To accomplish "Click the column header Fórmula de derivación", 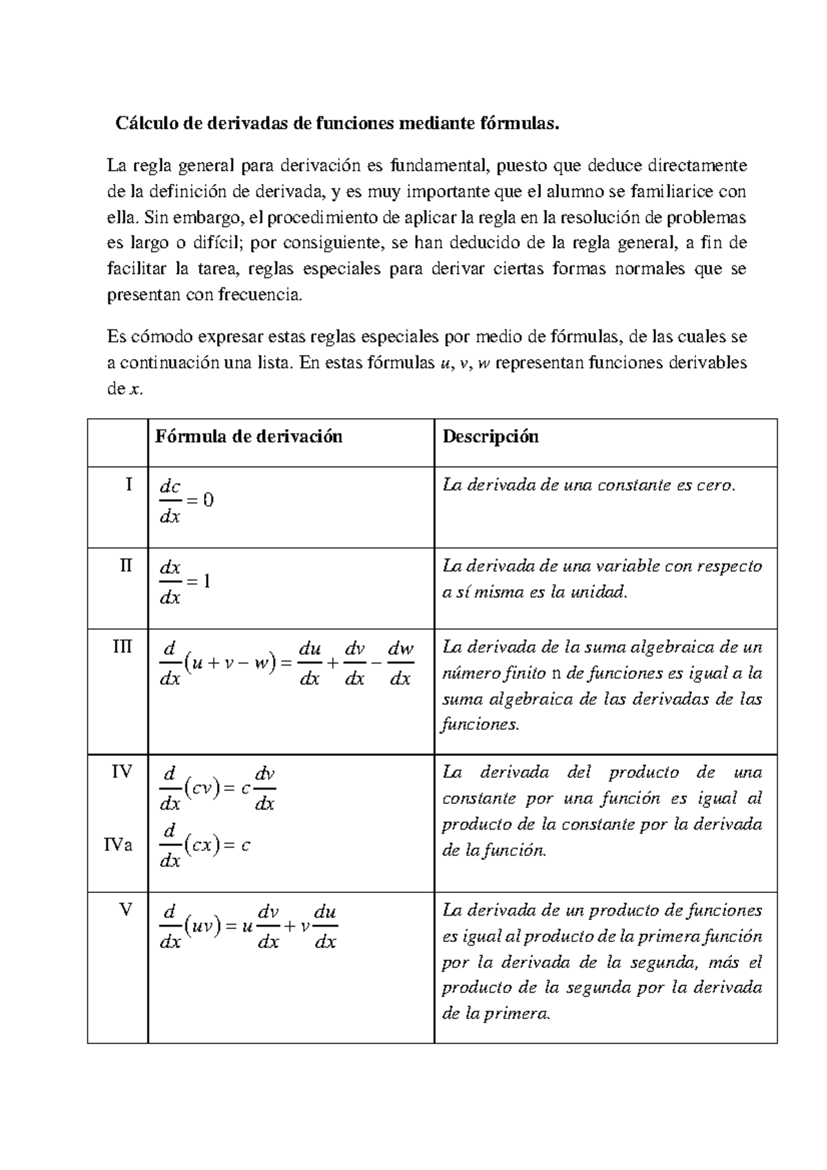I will [249, 436].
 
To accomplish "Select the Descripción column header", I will [491, 436].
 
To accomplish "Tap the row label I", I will [128, 484].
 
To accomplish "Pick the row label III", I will [123, 647].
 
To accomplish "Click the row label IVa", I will [119, 844].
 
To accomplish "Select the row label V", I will [125, 910].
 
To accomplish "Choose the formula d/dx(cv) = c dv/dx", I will [217, 788].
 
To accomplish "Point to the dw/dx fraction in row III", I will [400, 664].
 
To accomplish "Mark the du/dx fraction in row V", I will [325, 927].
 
